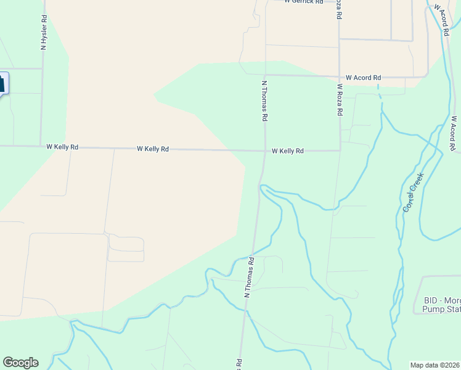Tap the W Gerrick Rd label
coord(304,2)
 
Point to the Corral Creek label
coord(414,193)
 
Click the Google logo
coord(20,363)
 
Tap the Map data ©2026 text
coord(434,365)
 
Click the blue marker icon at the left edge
coord(2,83)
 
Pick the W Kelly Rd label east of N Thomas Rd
coord(288,151)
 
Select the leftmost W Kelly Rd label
coord(62,147)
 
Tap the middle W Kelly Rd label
coord(153,149)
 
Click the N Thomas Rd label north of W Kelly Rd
coord(264,100)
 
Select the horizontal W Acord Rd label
coord(363,78)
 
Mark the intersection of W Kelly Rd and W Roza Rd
coord(340,150)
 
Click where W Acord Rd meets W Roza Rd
coord(340,77)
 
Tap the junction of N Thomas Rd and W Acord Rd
coord(265,75)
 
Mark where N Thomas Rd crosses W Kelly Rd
coord(265,150)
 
